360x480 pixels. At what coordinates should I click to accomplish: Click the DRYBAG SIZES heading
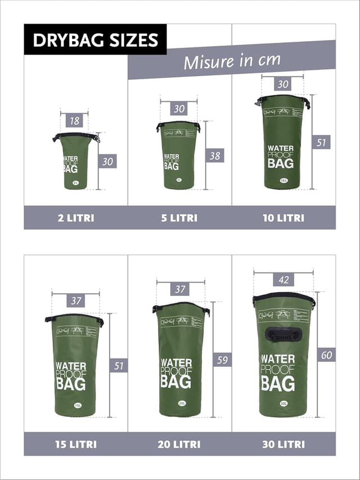[95, 40]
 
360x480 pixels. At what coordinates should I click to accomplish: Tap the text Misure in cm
[232, 60]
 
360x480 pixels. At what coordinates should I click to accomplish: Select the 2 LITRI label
[76, 218]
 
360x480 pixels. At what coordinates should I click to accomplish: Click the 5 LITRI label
[179, 218]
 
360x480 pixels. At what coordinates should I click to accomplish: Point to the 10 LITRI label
[283, 218]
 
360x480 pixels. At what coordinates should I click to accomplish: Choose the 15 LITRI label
[76, 444]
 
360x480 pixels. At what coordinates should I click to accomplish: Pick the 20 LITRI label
[179, 444]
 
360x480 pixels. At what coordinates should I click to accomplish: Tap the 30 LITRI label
[283, 444]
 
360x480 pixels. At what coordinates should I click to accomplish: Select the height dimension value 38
[215, 156]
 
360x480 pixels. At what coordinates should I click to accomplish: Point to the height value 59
[222, 360]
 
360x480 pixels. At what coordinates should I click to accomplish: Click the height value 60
[326, 355]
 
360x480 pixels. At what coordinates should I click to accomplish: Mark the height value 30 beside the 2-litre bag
[108, 162]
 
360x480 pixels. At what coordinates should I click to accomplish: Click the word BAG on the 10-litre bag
[280, 164]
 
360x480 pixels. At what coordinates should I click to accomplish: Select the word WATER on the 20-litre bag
[175, 363]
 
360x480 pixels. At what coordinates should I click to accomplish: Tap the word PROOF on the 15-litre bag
[70, 375]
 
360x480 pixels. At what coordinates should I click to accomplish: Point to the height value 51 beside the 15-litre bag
[118, 366]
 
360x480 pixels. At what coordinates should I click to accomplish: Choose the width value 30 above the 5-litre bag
[179, 109]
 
